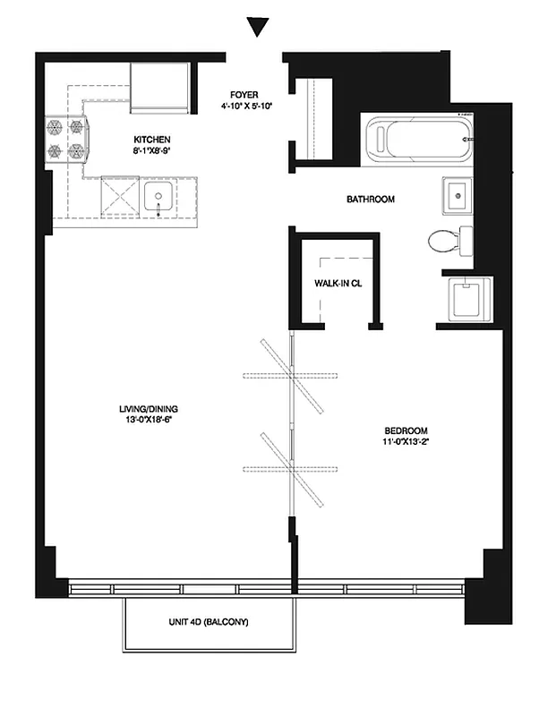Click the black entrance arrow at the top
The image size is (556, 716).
(258, 28)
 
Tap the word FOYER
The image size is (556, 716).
(245, 93)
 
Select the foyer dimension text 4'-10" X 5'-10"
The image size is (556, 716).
(245, 105)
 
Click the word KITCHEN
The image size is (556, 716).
(151, 141)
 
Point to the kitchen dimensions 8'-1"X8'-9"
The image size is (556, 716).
(151, 152)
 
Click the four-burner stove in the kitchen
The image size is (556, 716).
(67, 139)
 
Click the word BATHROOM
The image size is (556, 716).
(370, 199)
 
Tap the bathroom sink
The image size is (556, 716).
(457, 194)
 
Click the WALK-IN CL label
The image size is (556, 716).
(338, 284)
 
